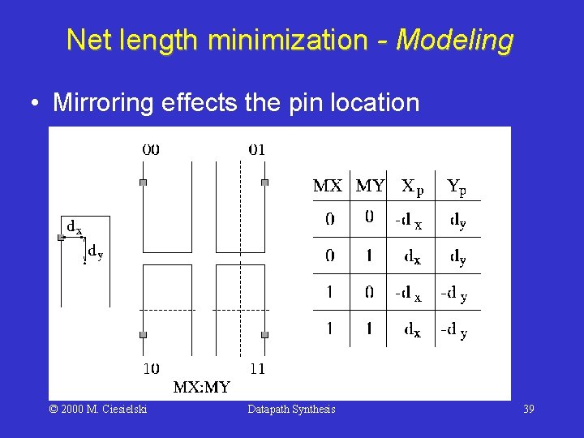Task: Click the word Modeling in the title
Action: coord(454,39)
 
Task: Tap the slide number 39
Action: coord(528,410)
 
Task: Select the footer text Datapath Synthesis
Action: coord(291,410)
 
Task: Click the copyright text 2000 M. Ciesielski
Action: coord(98,410)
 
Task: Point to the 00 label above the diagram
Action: coord(151,149)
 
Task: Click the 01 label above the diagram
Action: coord(256,149)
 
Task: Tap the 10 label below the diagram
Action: coord(151,369)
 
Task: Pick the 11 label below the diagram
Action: coord(256,369)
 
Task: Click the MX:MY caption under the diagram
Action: coord(202,387)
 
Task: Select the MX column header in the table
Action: coord(328,187)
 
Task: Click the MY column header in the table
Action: coord(370,187)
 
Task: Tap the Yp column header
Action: coord(456,187)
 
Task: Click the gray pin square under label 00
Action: coord(143,182)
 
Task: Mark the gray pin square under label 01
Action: coord(264,182)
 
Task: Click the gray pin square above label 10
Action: coord(143,334)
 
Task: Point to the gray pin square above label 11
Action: coord(264,334)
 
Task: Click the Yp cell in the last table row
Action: coord(453,331)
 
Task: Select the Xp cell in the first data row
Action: coord(408,219)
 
